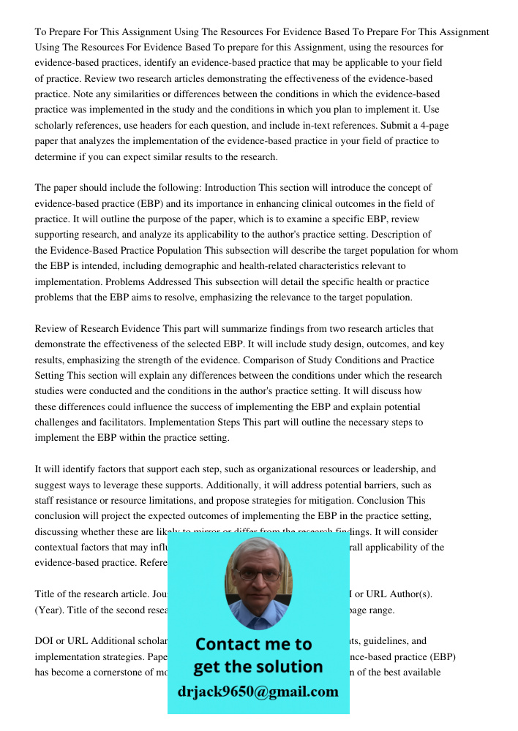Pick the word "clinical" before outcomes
288,203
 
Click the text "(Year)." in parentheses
50,610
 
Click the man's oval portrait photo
258,577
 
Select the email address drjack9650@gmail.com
258,691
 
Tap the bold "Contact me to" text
254,644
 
